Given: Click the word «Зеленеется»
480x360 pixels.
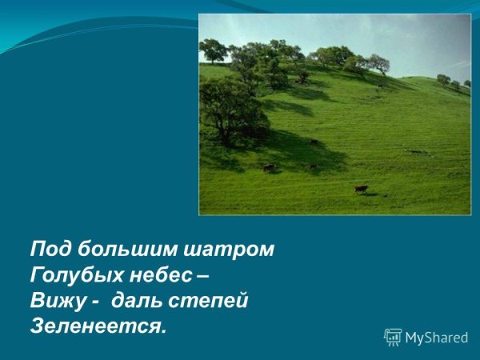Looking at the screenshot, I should pyautogui.click(x=94, y=326).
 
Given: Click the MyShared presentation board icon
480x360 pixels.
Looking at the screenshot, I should pyautogui.click(x=393, y=337).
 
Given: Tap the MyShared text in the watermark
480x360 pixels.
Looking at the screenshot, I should pyautogui.click(x=436, y=338).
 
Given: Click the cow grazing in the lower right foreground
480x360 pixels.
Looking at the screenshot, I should pyautogui.click(x=362, y=189).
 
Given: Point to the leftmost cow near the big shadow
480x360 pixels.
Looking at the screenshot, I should pyautogui.click(x=269, y=167).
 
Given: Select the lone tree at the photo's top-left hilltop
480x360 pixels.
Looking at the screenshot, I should pyautogui.click(x=214, y=50).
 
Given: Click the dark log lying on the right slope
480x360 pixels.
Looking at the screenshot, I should pyautogui.click(x=416, y=151).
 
